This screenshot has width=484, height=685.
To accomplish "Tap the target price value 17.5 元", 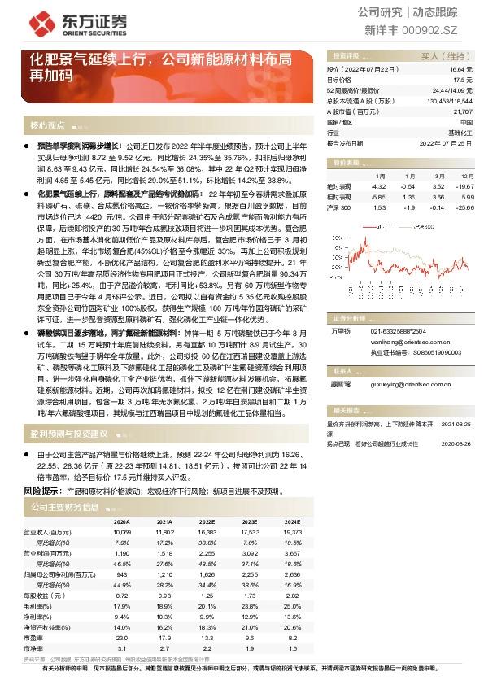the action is pyautogui.click(x=463, y=80).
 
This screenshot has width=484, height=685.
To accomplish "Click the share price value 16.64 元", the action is pyautogui.click(x=461, y=70).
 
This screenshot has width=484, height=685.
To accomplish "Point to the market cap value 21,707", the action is pyautogui.click(x=461, y=111).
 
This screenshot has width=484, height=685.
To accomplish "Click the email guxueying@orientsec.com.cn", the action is pyautogui.click(x=399, y=381).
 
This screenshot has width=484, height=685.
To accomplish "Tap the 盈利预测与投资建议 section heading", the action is pyautogui.click(x=68, y=434).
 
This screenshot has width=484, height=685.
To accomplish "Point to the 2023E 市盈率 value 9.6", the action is pyautogui.click(x=249, y=639).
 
